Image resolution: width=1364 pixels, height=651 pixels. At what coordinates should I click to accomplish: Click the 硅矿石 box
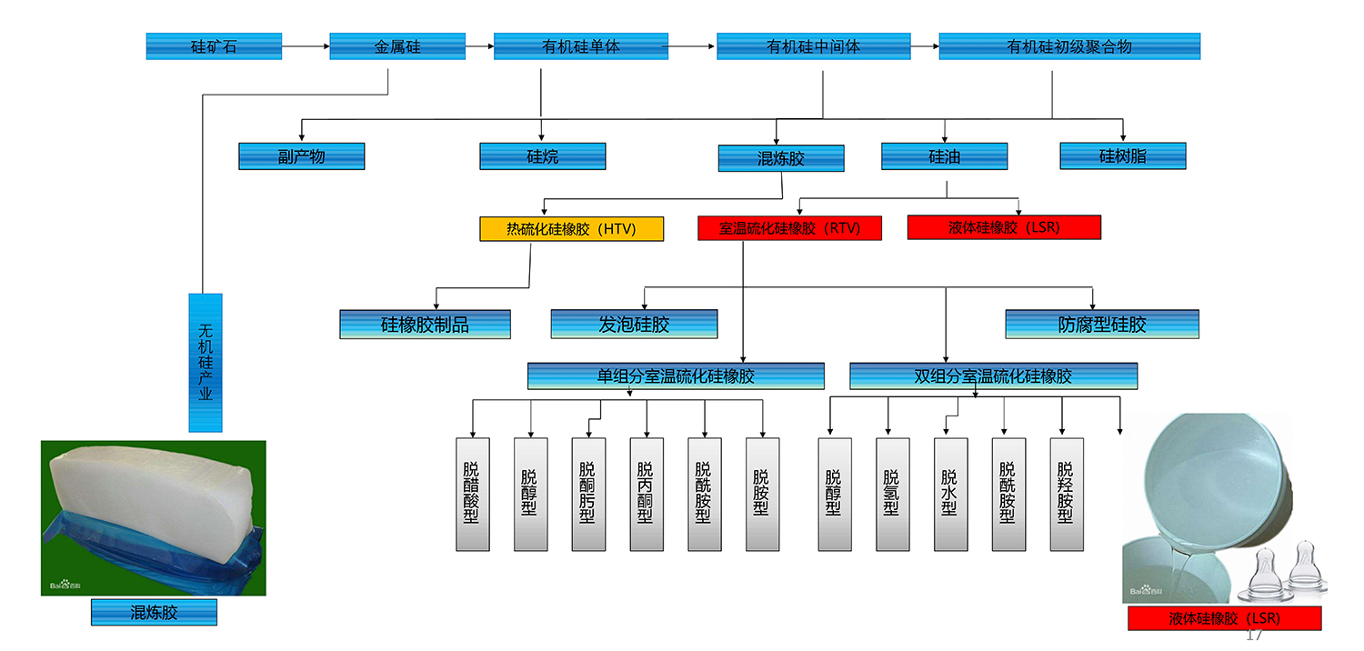pyautogui.click(x=214, y=46)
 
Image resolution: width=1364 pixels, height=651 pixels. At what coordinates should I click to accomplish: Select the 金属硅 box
pyautogui.click(x=397, y=46)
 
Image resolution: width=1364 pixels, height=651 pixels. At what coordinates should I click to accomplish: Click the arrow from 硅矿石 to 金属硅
pyautogui.click(x=306, y=46)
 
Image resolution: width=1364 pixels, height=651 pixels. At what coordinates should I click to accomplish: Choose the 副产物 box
pyautogui.click(x=301, y=156)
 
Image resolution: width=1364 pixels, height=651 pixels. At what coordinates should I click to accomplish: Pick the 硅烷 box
pyautogui.click(x=543, y=156)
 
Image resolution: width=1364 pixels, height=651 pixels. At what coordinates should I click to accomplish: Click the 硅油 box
pyautogui.click(x=944, y=156)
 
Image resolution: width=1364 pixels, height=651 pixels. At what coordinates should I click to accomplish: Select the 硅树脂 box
pyautogui.click(x=1123, y=155)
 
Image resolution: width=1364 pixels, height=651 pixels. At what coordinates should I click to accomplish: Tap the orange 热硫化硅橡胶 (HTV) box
pyautogui.click(x=571, y=228)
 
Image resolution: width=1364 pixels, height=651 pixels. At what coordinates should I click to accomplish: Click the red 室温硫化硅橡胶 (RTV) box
pyautogui.click(x=789, y=227)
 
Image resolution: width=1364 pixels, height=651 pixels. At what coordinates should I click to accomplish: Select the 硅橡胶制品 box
pyautogui.click(x=425, y=325)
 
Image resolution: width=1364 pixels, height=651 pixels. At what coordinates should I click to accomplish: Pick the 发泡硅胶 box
pyautogui.click(x=634, y=324)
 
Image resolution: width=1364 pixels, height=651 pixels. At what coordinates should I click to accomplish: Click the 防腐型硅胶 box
pyautogui.click(x=1102, y=324)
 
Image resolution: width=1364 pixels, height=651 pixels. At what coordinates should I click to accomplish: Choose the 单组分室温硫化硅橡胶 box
pyautogui.click(x=676, y=376)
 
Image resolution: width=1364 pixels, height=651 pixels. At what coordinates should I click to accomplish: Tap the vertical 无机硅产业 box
pyautogui.click(x=206, y=362)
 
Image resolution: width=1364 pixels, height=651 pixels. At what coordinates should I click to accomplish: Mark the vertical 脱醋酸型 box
pyautogui.click(x=472, y=494)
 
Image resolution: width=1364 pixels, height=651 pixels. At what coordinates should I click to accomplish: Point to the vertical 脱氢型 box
pyautogui.click(x=892, y=494)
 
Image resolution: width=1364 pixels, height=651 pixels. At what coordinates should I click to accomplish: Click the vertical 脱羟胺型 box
pyautogui.click(x=1066, y=494)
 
